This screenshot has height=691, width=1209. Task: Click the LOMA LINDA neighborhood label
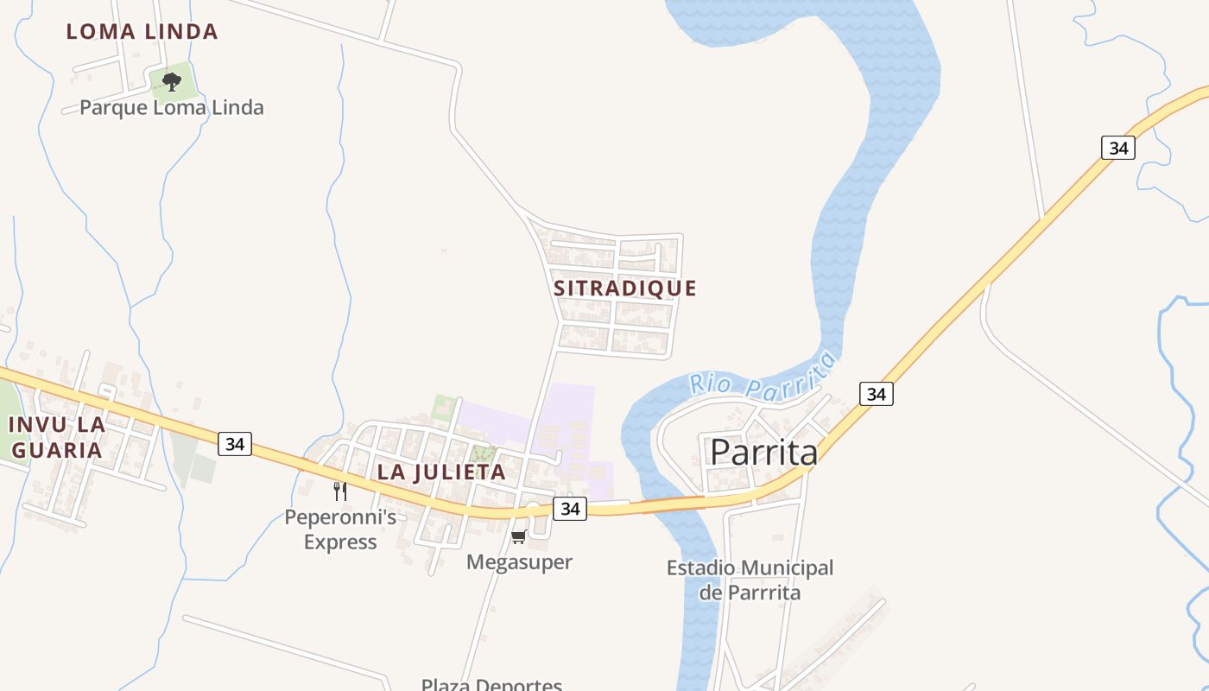[142, 32]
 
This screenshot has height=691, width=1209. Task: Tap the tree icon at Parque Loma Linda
[172, 82]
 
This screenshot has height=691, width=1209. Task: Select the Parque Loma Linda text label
[172, 108]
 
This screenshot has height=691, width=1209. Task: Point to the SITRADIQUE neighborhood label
[625, 288]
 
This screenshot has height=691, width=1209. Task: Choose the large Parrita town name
[763, 453]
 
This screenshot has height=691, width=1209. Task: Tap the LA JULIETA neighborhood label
[441, 472]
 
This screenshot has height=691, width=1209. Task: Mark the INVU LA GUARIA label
[56, 437]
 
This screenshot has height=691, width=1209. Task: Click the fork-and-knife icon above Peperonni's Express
[340, 491]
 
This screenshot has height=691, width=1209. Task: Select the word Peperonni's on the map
[340, 517]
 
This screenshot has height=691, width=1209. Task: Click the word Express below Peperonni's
[340, 542]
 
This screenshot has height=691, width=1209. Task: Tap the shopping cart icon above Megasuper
[519, 537]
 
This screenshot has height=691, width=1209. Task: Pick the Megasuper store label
[519, 562]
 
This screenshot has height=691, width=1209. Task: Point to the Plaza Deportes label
[491, 685]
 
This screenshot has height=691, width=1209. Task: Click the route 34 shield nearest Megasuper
[570, 509]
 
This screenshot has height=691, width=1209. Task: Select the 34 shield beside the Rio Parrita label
[877, 394]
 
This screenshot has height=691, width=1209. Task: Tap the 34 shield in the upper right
[1118, 148]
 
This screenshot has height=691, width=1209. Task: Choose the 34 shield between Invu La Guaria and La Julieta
[234, 444]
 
